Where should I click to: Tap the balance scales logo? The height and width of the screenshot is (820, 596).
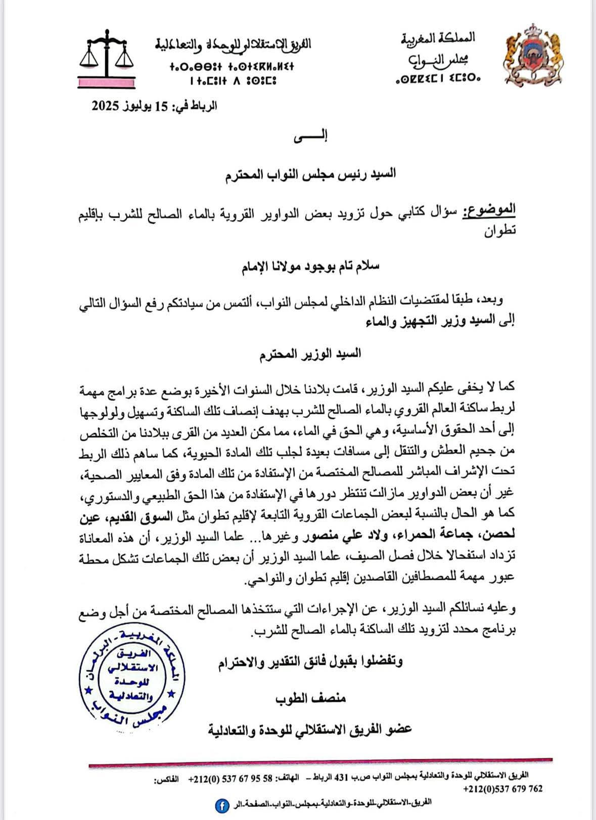coord(107,58)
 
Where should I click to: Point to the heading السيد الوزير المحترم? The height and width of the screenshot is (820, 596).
coord(310,353)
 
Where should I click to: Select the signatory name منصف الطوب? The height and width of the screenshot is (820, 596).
coord(310,699)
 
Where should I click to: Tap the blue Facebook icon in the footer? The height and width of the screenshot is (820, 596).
coord(221,806)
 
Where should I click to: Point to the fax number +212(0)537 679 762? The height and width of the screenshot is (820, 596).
coord(502,789)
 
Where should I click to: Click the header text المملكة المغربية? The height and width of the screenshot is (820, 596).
coord(438,37)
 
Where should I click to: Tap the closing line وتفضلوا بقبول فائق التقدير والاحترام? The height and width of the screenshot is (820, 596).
coord(310,662)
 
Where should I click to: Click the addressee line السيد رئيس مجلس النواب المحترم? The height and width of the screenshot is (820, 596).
coord(310,174)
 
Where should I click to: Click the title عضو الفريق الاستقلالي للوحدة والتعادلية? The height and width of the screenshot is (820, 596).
coord(310,729)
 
